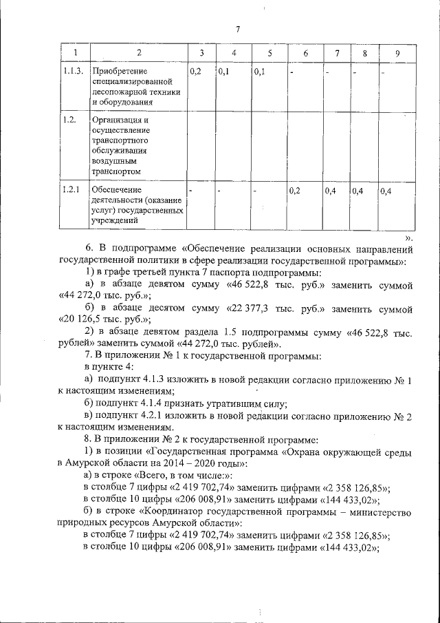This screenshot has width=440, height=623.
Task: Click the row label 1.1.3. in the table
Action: (x=73, y=72)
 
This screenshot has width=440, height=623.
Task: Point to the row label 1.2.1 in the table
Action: (x=71, y=190)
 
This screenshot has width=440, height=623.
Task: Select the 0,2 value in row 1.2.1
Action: (x=296, y=191)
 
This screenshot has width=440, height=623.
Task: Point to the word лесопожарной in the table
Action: (x=121, y=92)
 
